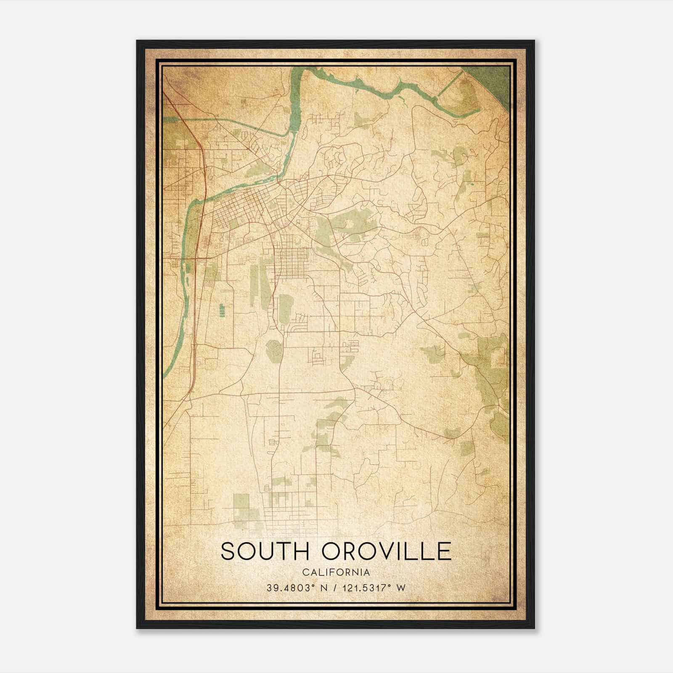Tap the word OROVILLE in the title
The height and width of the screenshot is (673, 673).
[x=387, y=551]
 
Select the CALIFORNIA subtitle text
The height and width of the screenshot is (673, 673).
[x=336, y=572]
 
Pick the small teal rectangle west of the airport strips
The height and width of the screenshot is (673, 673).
[x=221, y=310]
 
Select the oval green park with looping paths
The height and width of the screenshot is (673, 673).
[x=274, y=350]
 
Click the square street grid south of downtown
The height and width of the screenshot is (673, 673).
[x=294, y=263]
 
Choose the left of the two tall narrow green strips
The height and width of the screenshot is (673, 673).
[x=254, y=282]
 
